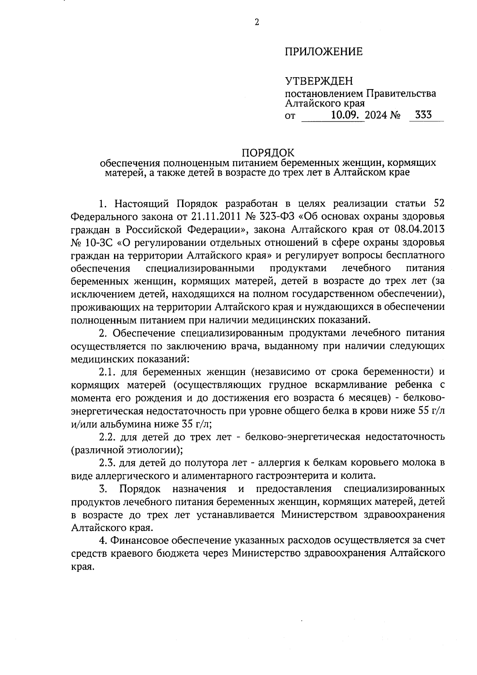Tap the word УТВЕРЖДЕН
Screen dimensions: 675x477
[319, 82]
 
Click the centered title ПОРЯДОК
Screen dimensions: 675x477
[269, 153]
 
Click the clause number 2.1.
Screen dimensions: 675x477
[107, 372]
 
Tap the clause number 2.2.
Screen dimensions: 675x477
[107, 437]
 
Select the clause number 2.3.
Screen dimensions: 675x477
[107, 463]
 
